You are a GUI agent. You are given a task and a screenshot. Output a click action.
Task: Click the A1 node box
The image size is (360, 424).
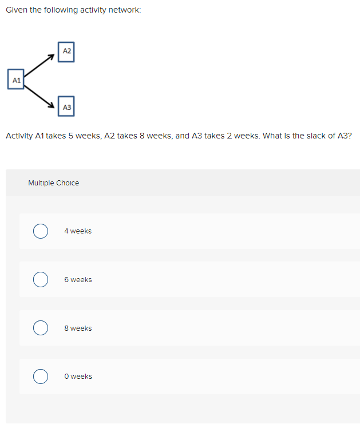[x=16, y=80]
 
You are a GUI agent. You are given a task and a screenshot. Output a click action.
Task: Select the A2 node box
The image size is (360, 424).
[x=66, y=51]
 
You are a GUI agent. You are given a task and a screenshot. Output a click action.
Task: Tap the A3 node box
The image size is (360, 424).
[x=66, y=107]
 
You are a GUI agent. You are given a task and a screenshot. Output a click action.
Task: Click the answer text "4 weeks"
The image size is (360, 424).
[x=78, y=231]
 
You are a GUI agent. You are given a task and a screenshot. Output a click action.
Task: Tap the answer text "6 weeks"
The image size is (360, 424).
[x=78, y=280]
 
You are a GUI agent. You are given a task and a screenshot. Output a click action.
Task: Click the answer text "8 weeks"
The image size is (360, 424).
[x=78, y=328]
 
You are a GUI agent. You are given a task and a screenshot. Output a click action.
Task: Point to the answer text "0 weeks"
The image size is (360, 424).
[x=78, y=377]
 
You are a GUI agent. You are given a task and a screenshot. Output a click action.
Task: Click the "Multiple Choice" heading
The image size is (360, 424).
[x=54, y=183]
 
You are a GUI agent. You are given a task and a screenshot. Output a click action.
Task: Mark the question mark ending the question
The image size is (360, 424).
[x=349, y=136]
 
